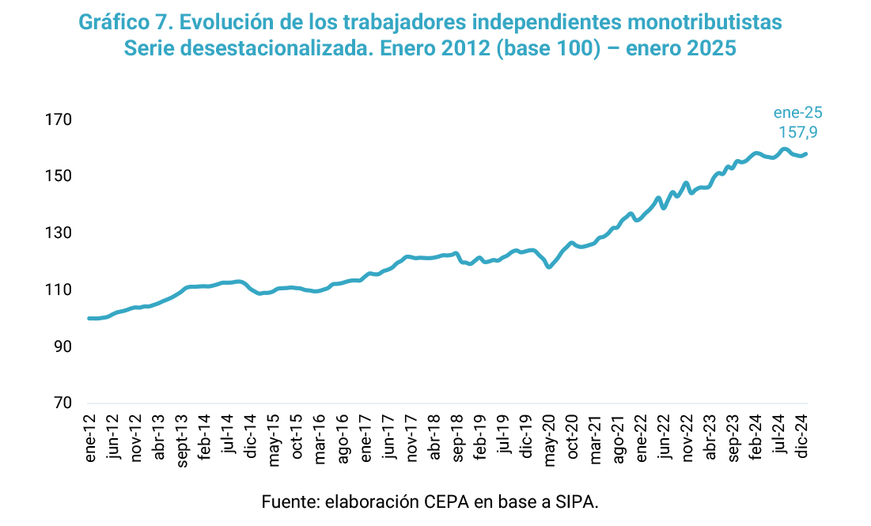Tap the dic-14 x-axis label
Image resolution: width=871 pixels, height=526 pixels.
point(250,433)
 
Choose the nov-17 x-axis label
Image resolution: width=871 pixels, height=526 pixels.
point(411,434)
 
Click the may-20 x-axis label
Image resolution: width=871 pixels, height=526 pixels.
point(548,435)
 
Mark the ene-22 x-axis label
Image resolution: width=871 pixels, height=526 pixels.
point(640,433)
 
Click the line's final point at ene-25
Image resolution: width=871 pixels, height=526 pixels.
point(805,153)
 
